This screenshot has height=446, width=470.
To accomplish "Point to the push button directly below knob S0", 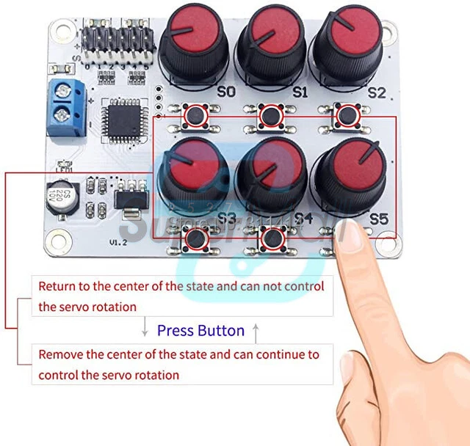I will (196, 115).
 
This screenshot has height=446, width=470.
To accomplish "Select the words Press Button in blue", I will (200, 331).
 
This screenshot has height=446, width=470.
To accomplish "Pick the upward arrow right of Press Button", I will (256, 332).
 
